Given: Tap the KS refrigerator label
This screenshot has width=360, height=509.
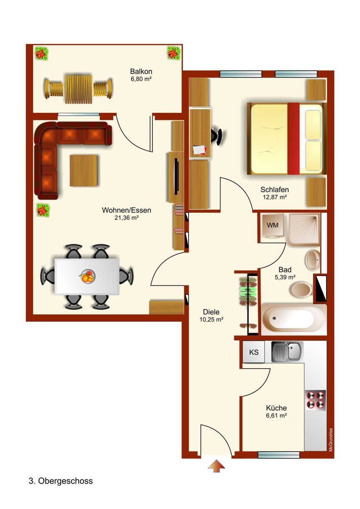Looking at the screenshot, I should (x=253, y=352).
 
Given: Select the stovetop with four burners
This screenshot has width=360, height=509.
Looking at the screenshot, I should (x=315, y=400).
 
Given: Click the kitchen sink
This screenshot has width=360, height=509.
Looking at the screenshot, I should (x=287, y=351).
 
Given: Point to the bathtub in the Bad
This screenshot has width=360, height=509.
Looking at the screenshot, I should (x=293, y=318).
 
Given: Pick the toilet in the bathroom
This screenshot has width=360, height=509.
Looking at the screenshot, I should (x=301, y=290).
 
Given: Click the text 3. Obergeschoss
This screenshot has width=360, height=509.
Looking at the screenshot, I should (x=60, y=481).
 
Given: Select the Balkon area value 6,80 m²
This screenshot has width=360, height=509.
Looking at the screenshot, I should (x=141, y=79).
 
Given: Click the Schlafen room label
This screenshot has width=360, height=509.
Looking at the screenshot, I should (x=275, y=190).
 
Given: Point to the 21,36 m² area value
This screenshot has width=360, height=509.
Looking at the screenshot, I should (x=127, y=218).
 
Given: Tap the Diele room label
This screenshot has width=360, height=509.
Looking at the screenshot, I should (x=211, y=312).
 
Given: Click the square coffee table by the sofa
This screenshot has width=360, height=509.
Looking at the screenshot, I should (x=84, y=171).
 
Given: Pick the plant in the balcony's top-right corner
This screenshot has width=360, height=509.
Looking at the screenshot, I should (x=173, y=53).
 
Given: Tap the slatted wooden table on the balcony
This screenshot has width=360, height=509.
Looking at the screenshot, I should (x=78, y=89).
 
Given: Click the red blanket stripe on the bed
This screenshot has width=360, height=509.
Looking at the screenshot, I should (x=293, y=139).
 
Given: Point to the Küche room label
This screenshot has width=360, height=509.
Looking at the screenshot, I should (x=276, y=408).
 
